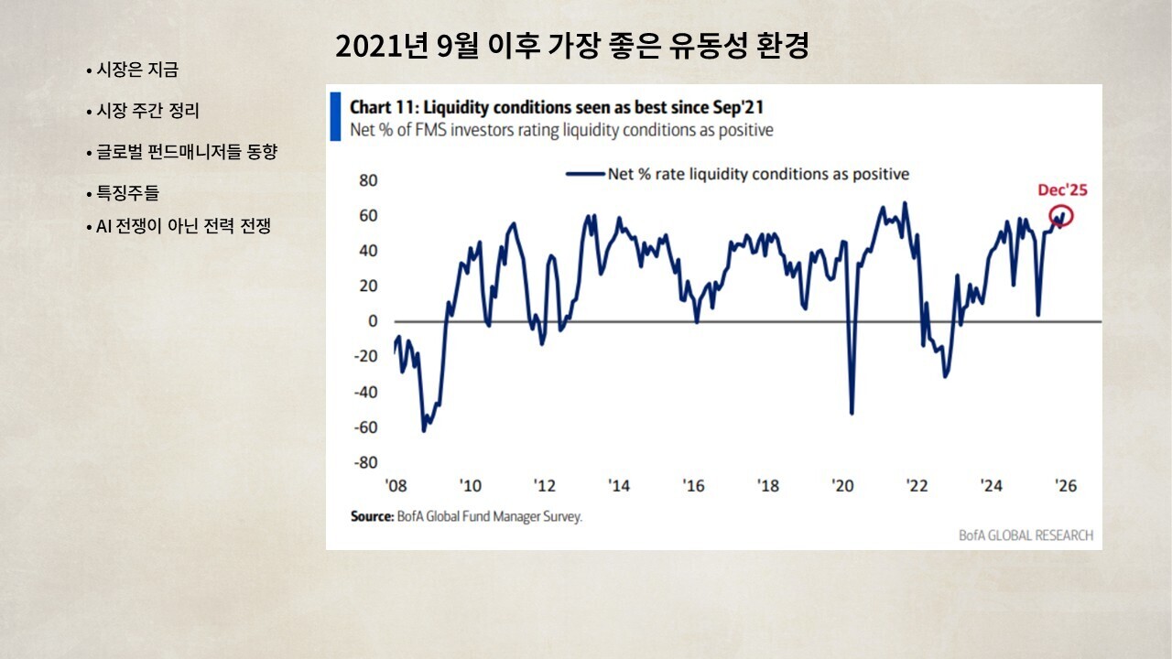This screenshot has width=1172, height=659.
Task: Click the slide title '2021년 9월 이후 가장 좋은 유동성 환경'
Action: (571, 47)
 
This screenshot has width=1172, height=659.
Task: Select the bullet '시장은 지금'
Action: (137, 70)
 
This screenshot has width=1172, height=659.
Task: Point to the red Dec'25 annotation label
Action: (1062, 190)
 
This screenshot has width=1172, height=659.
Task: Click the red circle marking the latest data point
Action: (1062, 217)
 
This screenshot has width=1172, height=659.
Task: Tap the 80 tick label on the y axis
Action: (367, 180)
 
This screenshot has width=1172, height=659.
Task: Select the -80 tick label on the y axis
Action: (364, 463)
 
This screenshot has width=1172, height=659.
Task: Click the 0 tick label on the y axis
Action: (373, 321)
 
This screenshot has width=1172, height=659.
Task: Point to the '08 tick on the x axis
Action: (396, 486)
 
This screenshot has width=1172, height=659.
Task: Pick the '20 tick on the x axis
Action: (842, 486)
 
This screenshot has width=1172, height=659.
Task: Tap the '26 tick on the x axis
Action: (1065, 486)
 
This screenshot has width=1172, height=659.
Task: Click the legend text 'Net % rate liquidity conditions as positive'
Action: (758, 174)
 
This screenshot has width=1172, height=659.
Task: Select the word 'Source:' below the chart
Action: (373, 517)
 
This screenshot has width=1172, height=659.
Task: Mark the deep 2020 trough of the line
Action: (852, 413)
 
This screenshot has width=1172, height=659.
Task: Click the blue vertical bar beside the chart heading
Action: (336, 115)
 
